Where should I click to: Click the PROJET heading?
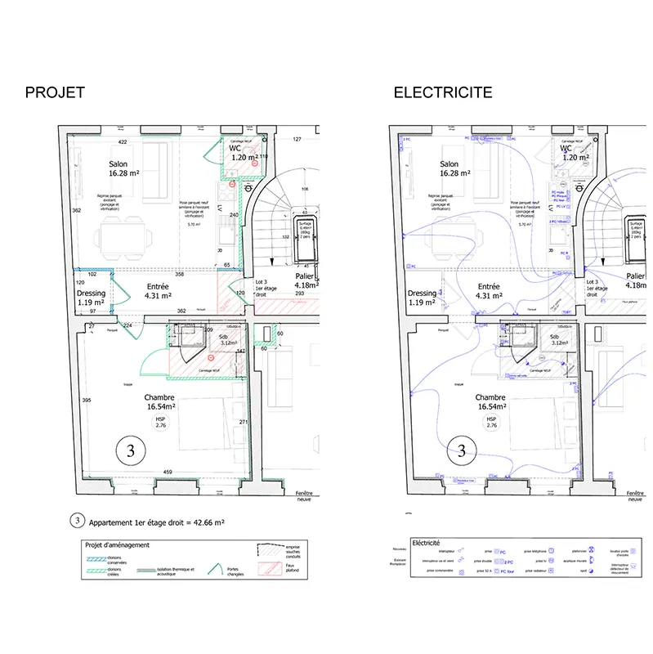coord(55,92)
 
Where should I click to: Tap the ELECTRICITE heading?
coord(443,92)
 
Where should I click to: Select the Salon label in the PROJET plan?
coord(119,163)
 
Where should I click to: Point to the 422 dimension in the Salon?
coord(123,142)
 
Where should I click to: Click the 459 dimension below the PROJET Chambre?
coord(168,473)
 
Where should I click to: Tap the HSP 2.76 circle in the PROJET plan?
coord(159,423)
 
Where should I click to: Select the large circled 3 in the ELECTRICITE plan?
coord(462,450)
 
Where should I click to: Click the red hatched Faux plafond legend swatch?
coord(267,567)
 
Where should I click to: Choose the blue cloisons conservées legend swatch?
coord(96,557)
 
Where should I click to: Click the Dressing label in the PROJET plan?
coord(92,293)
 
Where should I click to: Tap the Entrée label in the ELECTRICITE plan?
coord(490,287)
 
